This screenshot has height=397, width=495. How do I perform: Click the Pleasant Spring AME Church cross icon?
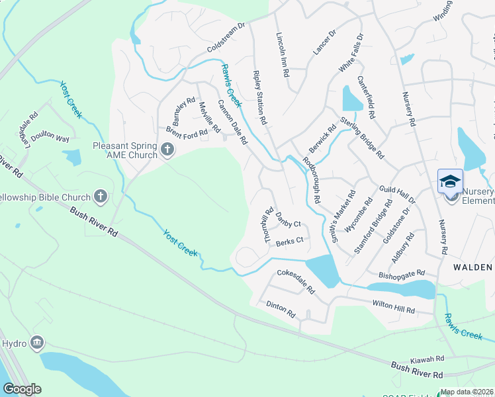pyautogui.click(x=167, y=150)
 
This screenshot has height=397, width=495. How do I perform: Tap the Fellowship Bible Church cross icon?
pyautogui.click(x=101, y=196)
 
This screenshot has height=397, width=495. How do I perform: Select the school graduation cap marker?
pyautogui.click(x=450, y=181)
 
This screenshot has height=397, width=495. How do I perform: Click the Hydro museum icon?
pyautogui.click(x=38, y=343)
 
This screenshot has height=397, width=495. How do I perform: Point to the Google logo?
pyautogui.click(x=22, y=389)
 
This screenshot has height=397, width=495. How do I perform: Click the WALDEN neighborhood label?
pyautogui.click(x=472, y=267)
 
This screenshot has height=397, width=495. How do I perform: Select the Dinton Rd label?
pyautogui.click(x=281, y=309)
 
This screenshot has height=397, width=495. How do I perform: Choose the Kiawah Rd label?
pyautogui.click(x=426, y=359)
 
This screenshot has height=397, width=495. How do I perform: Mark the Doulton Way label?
pyautogui.click(x=53, y=138)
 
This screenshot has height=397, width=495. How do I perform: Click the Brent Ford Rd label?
pyautogui.click(x=187, y=132)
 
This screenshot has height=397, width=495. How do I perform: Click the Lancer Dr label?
pyautogui.click(x=324, y=42)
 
